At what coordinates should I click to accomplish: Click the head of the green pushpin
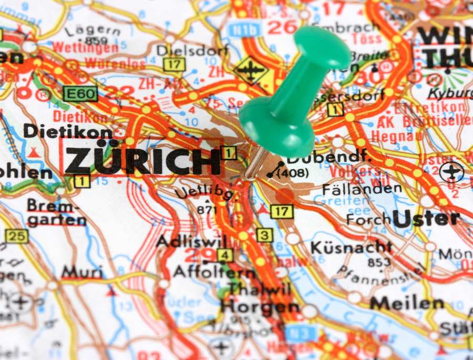pyautogui.click(x=322, y=49)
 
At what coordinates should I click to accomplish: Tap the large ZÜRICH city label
pyautogui.click(x=142, y=161)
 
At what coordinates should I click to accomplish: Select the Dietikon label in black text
pyautogui.click(x=68, y=131)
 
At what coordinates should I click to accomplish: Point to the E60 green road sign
pyautogui.click(x=80, y=94)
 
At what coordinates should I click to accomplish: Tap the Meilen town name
pyautogui.click(x=407, y=303)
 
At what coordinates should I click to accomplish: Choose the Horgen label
pyautogui.click(x=260, y=306)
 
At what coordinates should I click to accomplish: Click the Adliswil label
pyautogui.click(x=191, y=242)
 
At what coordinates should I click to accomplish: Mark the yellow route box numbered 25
pyautogui.click(x=16, y=236)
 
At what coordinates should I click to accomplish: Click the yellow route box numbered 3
pyautogui.click(x=265, y=235)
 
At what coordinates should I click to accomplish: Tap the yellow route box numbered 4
pyautogui.click(x=225, y=255)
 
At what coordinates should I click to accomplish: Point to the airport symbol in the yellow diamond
pyautogui.click(x=252, y=70)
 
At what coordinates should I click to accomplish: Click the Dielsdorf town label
pyautogui.click(x=192, y=50)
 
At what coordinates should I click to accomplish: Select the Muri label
pyautogui.click(x=82, y=272)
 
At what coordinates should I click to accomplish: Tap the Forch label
pyautogui.click(x=368, y=219)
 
